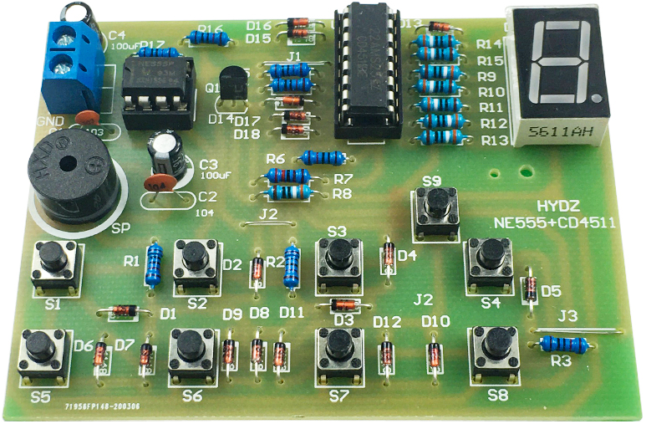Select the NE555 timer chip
click(155, 87)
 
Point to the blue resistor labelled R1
click(154, 263)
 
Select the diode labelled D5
click(529, 288)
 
